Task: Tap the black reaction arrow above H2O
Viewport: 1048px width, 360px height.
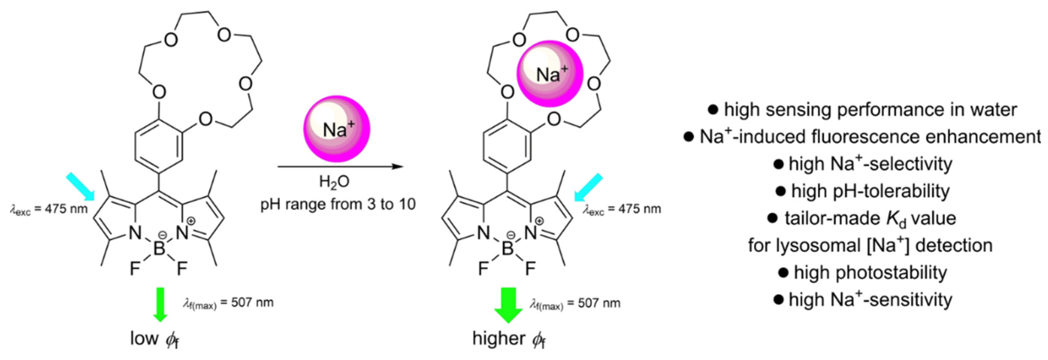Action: tap(340, 166)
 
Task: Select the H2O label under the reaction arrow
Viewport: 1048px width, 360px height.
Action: tap(334, 182)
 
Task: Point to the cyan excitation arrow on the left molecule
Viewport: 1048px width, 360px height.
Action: tap(80, 186)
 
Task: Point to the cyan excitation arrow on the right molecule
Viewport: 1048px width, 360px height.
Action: tap(588, 187)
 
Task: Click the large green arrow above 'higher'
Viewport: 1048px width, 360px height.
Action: tap(508, 305)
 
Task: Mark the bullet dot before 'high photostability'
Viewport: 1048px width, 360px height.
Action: tap(783, 272)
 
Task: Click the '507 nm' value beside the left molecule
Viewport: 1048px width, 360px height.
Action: tap(252, 303)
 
